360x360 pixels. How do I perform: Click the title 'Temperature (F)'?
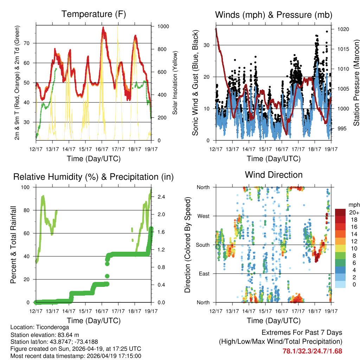94,14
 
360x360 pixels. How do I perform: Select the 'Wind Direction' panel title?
274,175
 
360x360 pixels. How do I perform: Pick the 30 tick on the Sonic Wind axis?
208,45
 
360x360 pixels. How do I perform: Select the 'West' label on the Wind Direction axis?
204,216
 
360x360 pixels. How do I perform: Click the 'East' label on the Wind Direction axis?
204,274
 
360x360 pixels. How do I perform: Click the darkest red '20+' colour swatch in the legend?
340,212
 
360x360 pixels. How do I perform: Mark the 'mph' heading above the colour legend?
354,205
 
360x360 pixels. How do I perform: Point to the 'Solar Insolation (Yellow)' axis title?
175,83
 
